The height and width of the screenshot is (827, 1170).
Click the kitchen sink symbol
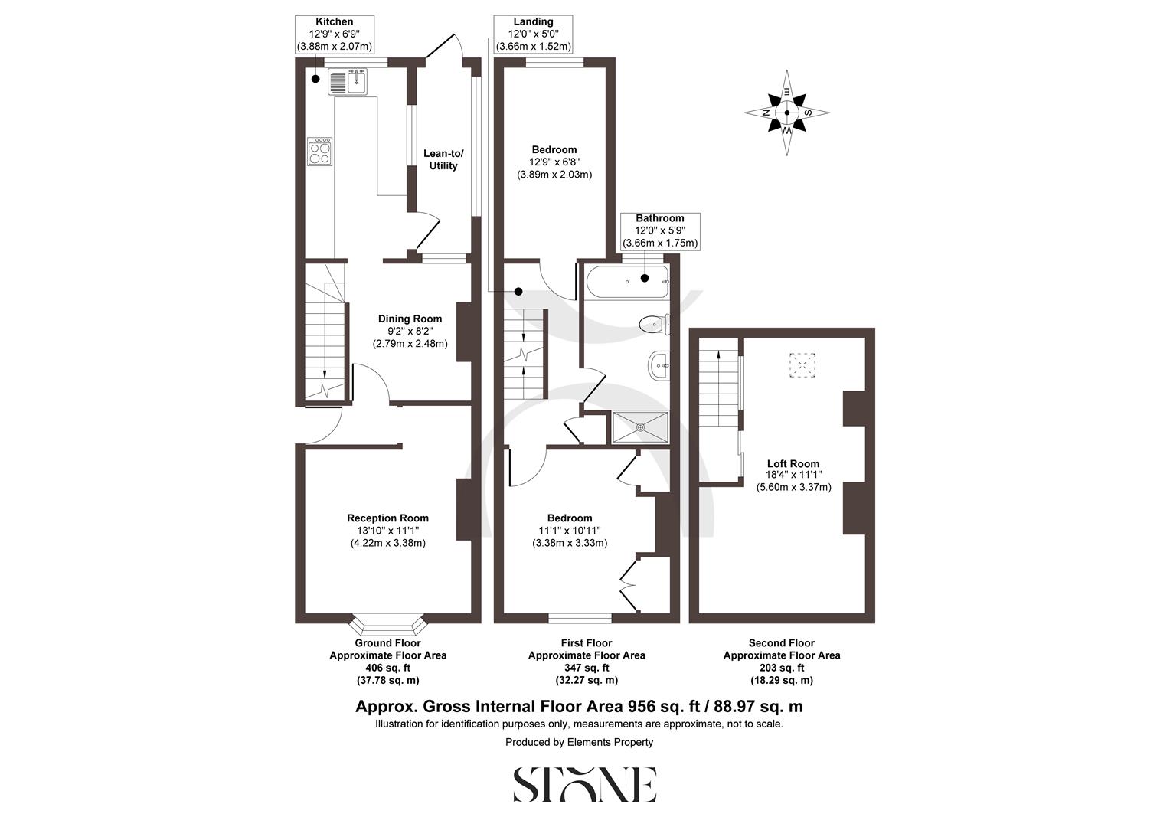point(348,81)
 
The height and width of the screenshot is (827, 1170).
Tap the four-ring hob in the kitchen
point(320,152)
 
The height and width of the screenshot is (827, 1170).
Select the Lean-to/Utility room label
point(443,159)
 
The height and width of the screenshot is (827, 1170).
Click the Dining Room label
point(410,319)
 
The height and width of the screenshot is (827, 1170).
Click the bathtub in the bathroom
point(627,282)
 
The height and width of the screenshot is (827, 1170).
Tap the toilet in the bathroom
point(653,325)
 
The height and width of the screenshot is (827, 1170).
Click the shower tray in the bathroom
point(640,427)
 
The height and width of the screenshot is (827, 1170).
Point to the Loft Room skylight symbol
point(802,365)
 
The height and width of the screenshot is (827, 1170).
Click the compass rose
point(787,113)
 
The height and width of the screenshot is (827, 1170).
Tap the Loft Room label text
point(793,463)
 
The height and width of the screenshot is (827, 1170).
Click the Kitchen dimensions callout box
point(335,34)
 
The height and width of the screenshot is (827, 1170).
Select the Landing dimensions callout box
point(533,34)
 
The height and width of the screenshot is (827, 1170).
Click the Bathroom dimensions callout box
point(659,230)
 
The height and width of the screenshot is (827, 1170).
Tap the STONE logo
point(584,785)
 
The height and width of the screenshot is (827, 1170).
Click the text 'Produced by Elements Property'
point(579,742)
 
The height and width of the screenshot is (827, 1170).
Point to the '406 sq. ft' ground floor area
point(387,668)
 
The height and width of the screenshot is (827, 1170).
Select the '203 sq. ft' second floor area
point(782,668)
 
